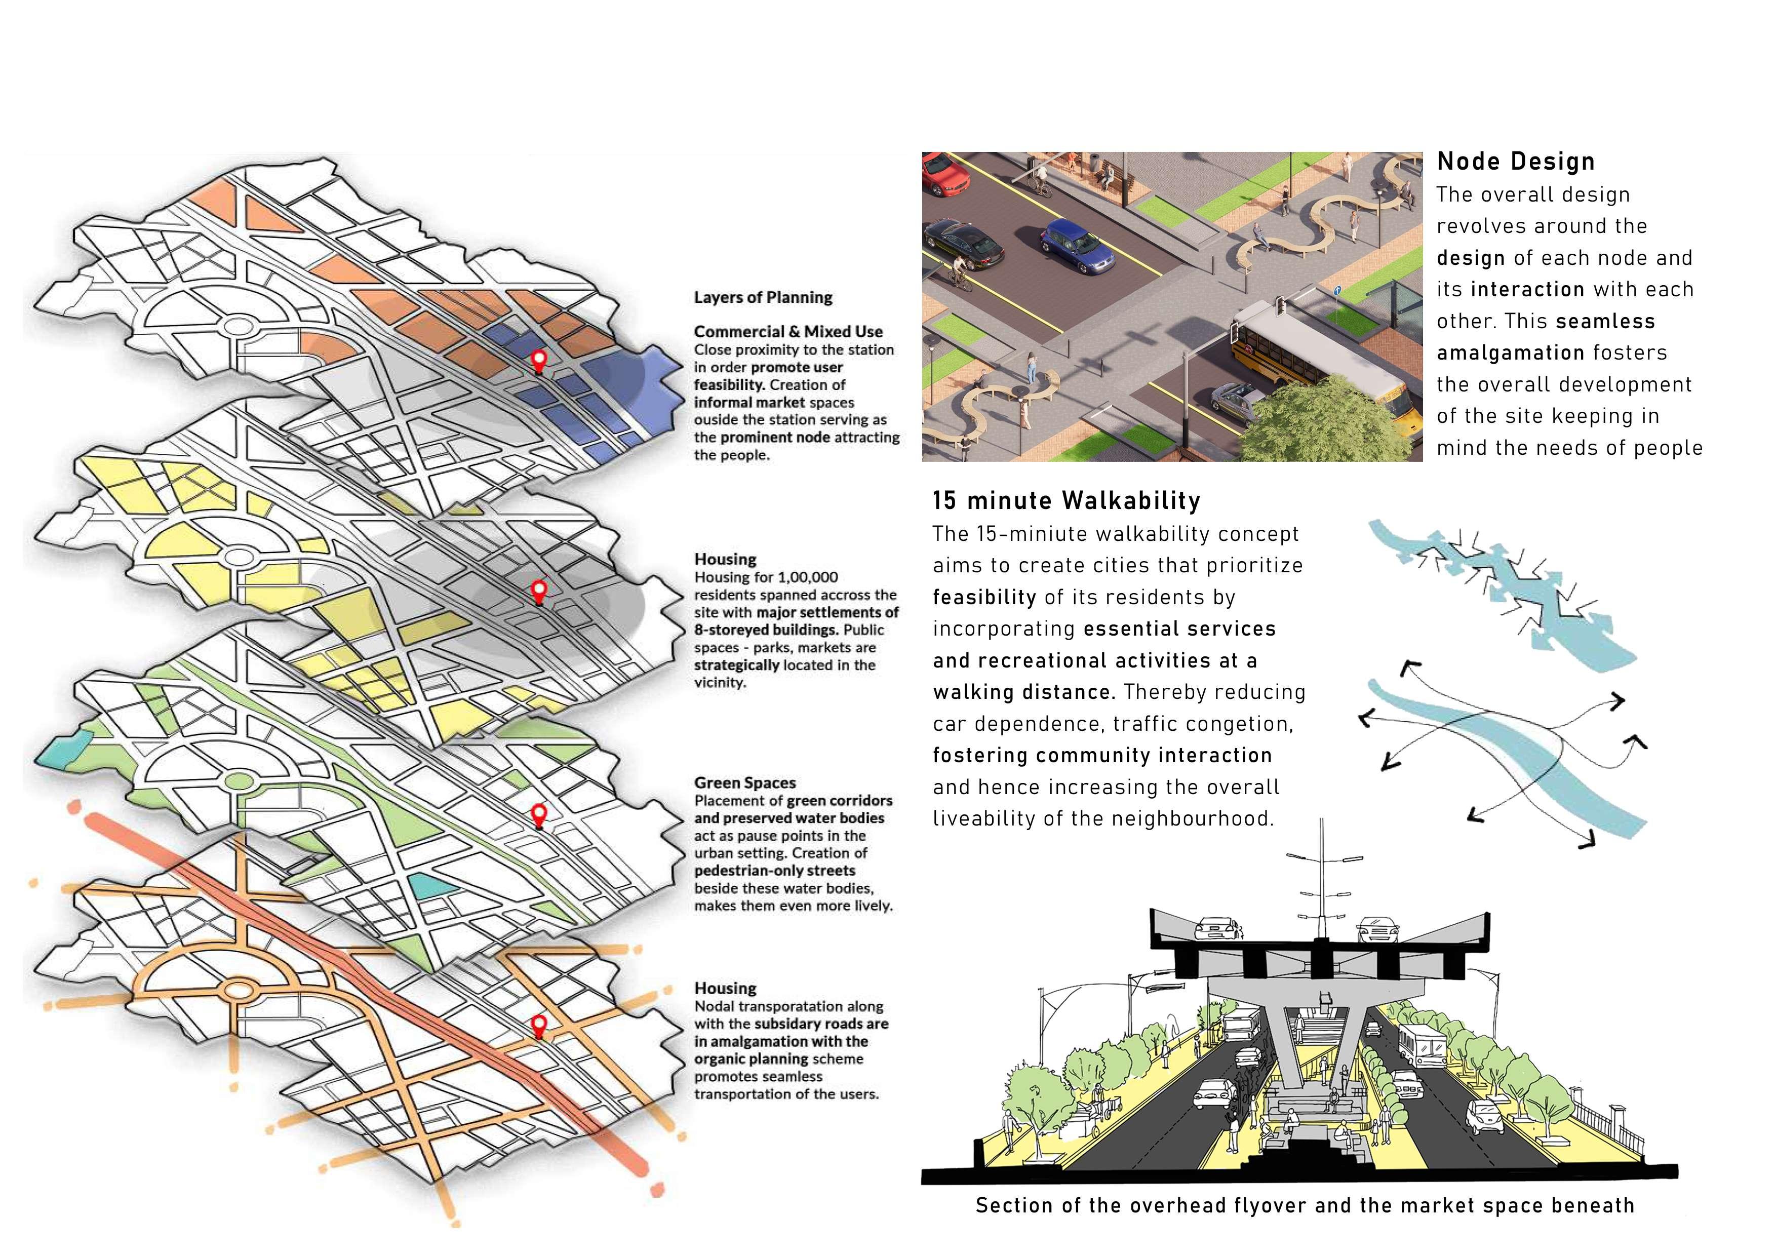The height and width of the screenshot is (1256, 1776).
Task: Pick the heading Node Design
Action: pyautogui.click(x=1515, y=162)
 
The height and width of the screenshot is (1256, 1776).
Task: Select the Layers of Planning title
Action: pyautogui.click(x=763, y=298)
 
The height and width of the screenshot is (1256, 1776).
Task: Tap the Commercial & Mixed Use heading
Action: pyautogui.click(x=787, y=332)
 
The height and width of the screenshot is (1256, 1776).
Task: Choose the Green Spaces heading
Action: pyautogui.click(x=744, y=782)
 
